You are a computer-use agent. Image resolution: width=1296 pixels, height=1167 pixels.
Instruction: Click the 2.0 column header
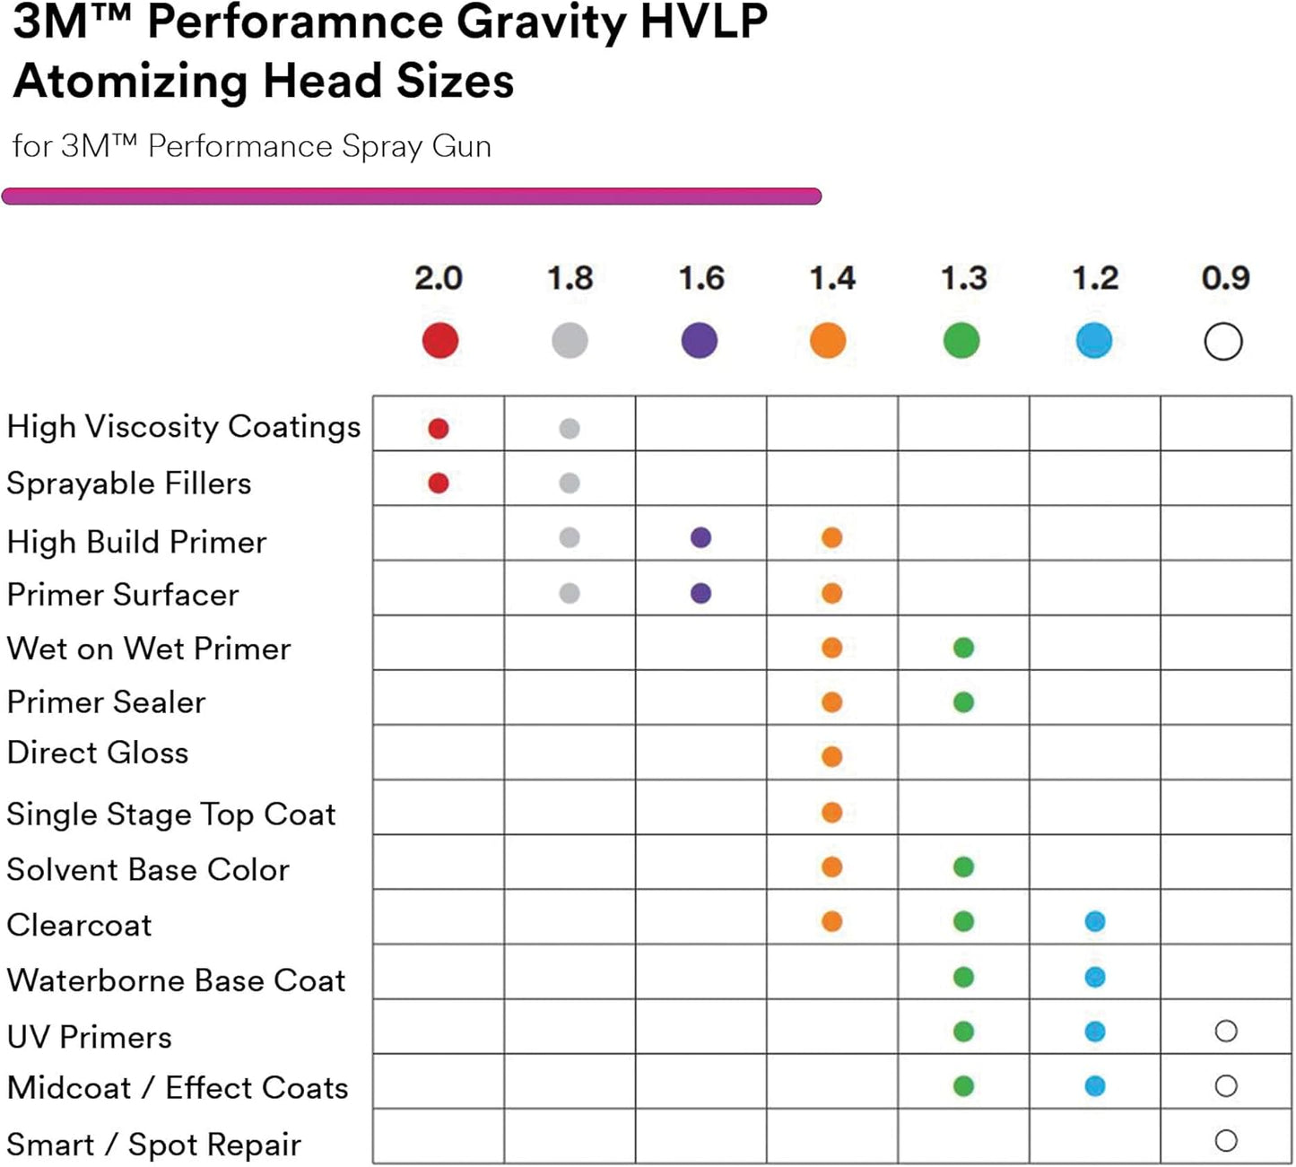(438, 278)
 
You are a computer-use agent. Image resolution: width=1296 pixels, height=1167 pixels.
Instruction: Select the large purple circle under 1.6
(700, 341)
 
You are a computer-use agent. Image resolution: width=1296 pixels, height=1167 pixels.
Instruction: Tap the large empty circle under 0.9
(1223, 342)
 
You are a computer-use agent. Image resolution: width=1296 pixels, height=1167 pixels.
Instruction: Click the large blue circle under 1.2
(1094, 341)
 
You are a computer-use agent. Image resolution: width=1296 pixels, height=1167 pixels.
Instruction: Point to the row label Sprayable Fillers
(129, 483)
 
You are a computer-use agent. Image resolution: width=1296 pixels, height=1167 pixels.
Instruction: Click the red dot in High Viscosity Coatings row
(439, 429)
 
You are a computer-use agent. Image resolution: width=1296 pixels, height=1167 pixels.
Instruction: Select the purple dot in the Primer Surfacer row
(701, 593)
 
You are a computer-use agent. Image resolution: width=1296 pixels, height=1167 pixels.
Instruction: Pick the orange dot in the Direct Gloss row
(832, 757)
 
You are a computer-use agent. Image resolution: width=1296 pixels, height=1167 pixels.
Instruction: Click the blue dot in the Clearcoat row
(1095, 921)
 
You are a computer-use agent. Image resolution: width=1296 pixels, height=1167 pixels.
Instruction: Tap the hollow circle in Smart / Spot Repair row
(1226, 1141)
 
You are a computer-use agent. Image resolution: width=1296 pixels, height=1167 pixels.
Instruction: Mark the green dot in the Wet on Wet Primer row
(964, 648)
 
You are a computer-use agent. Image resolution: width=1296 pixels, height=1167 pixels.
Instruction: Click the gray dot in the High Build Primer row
(570, 538)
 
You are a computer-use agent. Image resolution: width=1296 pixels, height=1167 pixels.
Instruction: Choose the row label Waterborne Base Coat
(176, 980)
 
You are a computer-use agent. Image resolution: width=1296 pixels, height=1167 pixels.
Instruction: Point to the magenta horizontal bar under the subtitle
(412, 196)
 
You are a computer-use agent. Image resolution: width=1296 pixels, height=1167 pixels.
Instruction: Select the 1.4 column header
(832, 278)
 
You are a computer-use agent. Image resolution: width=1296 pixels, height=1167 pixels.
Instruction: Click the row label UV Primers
(90, 1037)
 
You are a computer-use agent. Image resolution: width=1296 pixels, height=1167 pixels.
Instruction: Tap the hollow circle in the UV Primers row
(1226, 1032)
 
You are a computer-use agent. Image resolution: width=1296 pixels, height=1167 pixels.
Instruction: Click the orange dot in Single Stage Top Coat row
(832, 813)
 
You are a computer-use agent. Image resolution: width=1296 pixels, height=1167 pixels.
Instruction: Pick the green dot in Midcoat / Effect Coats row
(964, 1086)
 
